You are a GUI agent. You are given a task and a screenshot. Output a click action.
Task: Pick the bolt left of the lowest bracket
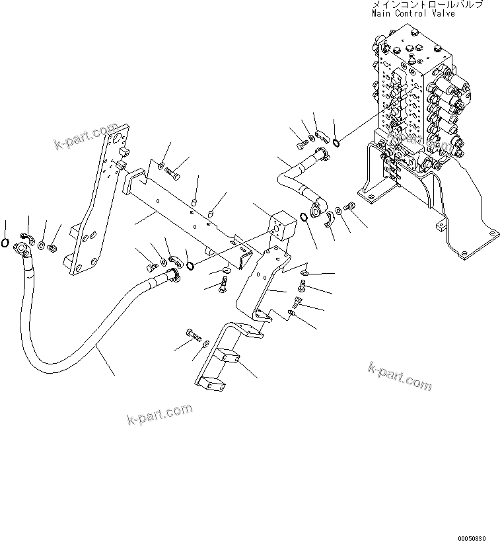tap(196, 335)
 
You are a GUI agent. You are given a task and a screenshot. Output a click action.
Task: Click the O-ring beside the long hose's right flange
tap(190, 266)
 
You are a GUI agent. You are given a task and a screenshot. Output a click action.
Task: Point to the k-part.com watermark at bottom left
tap(159, 415)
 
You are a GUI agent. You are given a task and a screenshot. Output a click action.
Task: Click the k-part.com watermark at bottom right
tap(400, 377)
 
